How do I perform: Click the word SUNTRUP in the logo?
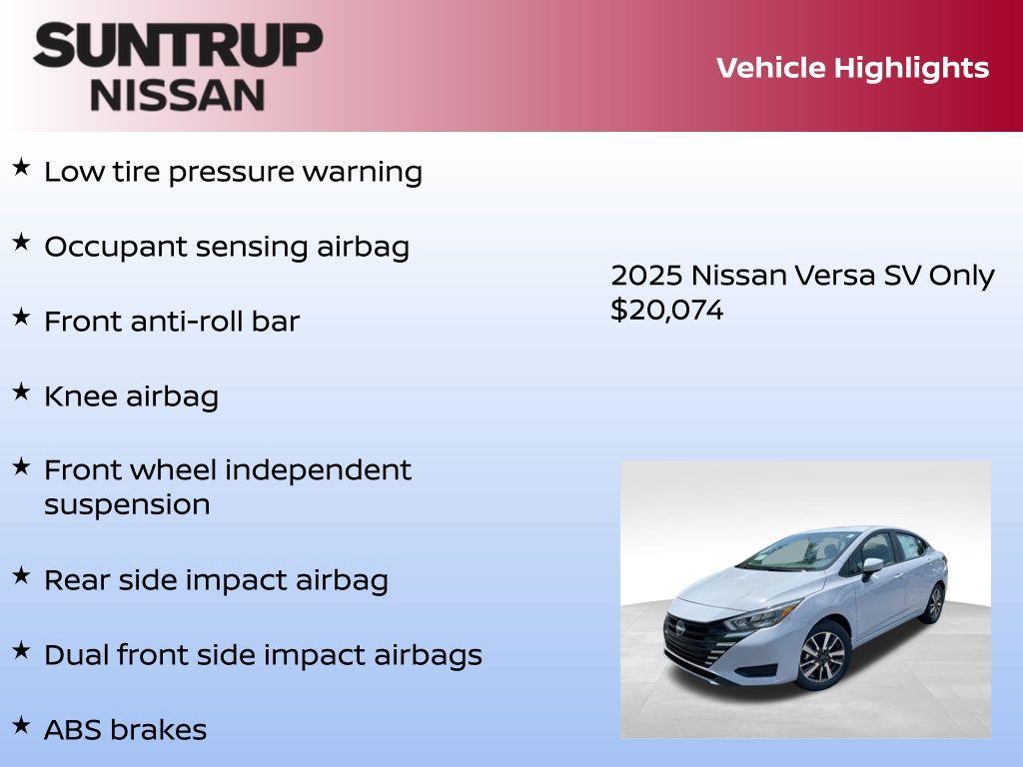coord(178,46)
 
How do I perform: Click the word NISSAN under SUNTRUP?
coord(178,95)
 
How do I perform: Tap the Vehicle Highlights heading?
coord(852,68)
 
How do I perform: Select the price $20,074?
coord(666,310)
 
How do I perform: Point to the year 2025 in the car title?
coord(645,276)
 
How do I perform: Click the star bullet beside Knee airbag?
coord(21,391)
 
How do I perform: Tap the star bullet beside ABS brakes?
coord(21,724)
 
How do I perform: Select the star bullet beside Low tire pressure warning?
coord(21,167)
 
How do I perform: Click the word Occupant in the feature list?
coord(107,247)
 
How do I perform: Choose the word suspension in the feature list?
coord(127,504)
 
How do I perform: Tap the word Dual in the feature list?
coord(76,655)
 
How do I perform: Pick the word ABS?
coord(73,730)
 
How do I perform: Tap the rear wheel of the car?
coord(934,603)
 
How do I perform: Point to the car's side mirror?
coord(872,567)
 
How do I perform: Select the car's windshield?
coord(789,551)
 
